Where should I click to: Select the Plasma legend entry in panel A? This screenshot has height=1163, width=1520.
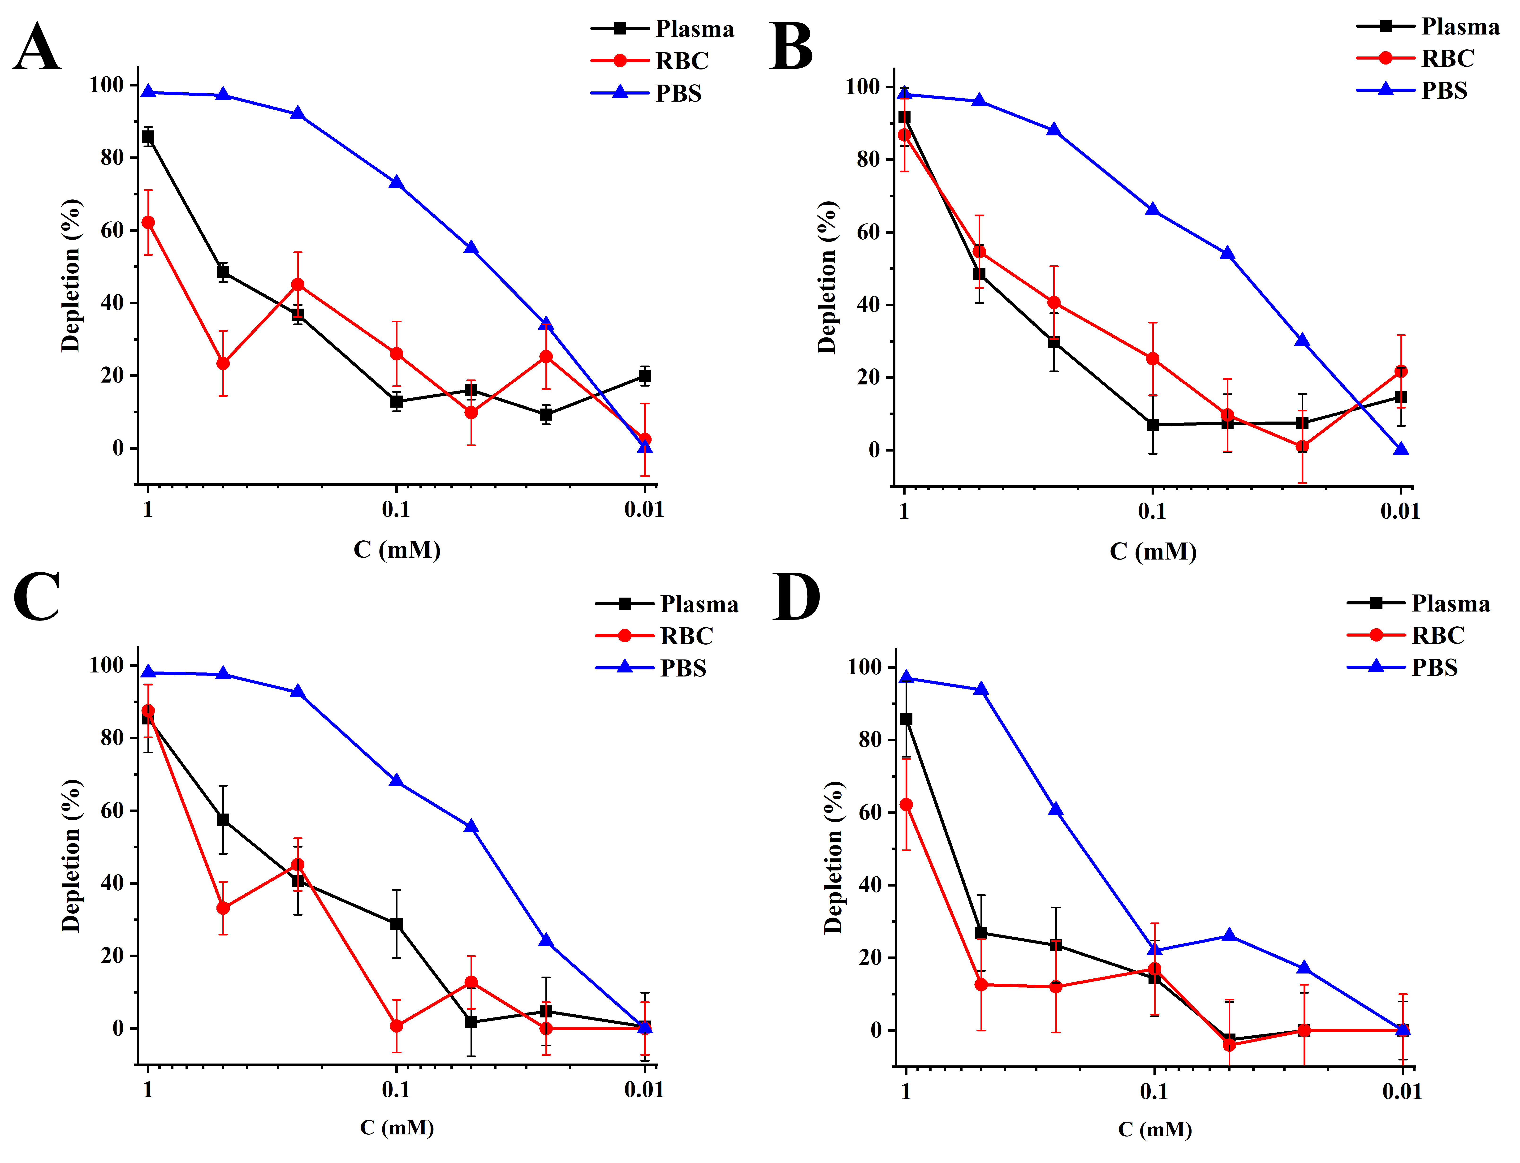click(x=694, y=29)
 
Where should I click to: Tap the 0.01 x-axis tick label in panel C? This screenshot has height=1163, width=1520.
click(x=644, y=1090)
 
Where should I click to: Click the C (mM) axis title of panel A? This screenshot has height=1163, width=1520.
click(x=397, y=550)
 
